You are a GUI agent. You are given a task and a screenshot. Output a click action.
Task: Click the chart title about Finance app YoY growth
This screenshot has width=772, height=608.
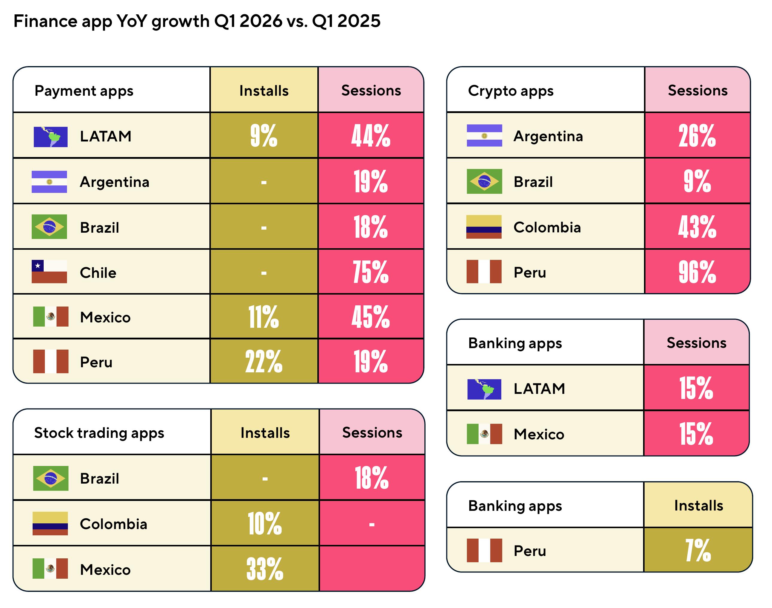click(197, 21)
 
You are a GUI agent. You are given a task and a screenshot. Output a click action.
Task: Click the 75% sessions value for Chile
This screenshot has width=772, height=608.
click(371, 272)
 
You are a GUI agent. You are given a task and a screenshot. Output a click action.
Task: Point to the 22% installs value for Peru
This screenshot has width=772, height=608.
click(264, 361)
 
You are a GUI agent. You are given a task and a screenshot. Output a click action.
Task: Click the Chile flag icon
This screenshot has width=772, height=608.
click(49, 272)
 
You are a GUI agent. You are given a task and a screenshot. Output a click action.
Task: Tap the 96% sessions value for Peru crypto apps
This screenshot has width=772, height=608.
click(697, 272)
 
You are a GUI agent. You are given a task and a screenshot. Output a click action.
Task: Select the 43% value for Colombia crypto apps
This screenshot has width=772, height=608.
click(697, 227)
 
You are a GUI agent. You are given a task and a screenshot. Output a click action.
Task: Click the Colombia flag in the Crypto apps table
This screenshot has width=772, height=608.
click(484, 227)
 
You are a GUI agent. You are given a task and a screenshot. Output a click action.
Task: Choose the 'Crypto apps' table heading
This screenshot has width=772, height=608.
click(511, 91)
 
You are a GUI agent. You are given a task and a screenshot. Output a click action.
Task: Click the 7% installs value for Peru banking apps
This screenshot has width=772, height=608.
click(698, 550)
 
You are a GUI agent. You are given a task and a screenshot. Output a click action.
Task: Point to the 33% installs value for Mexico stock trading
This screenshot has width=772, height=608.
click(265, 569)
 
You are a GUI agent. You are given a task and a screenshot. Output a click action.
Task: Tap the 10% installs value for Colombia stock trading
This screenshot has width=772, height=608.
click(265, 524)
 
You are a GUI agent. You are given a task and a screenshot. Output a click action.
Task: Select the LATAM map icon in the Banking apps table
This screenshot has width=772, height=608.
click(484, 389)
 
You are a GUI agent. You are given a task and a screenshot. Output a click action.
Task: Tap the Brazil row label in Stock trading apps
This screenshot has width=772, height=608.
click(99, 479)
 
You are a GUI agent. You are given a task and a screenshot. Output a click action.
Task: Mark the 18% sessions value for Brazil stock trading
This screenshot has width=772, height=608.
click(371, 478)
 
